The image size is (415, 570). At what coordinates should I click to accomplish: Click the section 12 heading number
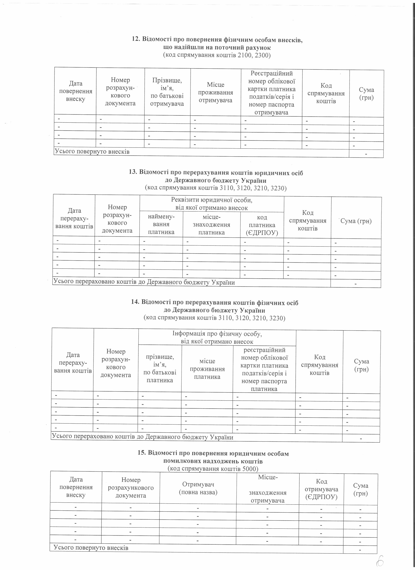click(136, 39)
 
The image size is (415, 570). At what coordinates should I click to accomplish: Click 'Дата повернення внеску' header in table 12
click(76, 91)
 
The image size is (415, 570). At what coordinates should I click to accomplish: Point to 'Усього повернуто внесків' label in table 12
click(92, 152)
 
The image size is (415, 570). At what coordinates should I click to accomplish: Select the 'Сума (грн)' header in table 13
click(356, 221)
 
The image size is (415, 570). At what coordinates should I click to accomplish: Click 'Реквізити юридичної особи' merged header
click(212, 204)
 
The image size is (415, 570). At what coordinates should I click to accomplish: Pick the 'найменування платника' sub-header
click(161, 224)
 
